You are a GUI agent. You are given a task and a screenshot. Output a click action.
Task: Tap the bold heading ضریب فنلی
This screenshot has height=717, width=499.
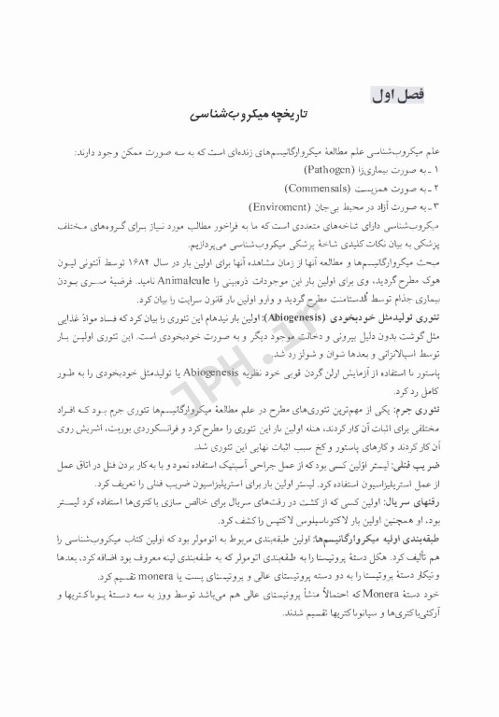pos(431,463)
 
